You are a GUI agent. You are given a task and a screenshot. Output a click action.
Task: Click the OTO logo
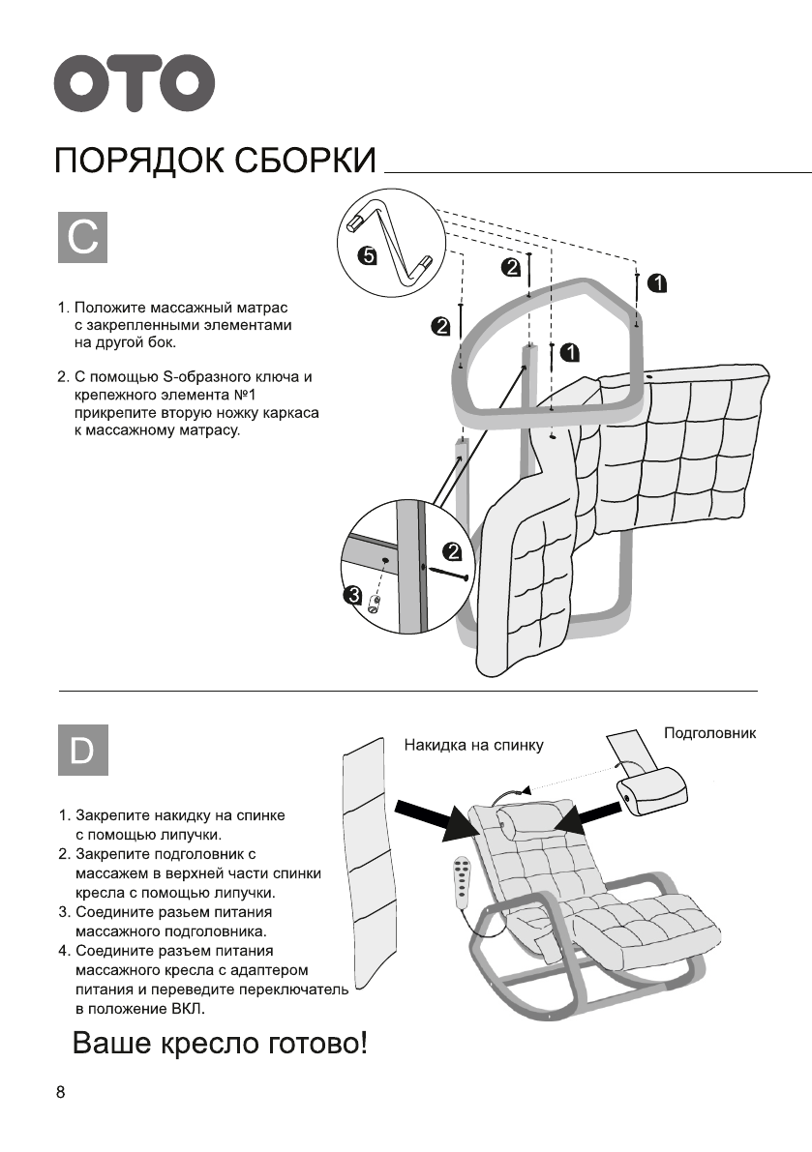(x=134, y=84)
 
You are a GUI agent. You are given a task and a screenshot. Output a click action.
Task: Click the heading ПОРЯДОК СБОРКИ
(x=215, y=161)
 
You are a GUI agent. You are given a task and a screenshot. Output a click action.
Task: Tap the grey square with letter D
(x=83, y=749)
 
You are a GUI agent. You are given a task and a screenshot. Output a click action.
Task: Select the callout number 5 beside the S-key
(x=366, y=256)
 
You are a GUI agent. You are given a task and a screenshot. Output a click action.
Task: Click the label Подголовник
(x=709, y=733)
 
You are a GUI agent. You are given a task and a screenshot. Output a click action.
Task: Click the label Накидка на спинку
(x=473, y=745)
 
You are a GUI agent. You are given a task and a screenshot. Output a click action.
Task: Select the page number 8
(x=61, y=1093)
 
